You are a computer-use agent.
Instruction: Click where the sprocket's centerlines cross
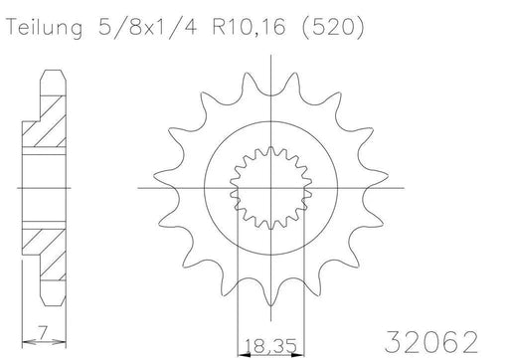pyautogui.click(x=271, y=185)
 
